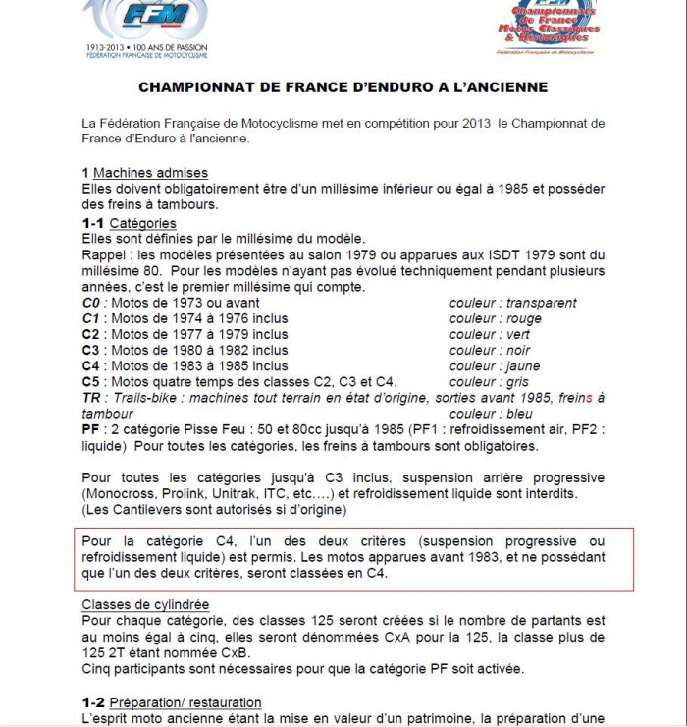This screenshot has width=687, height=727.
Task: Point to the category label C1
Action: [91, 319]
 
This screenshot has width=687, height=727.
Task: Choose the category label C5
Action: [91, 382]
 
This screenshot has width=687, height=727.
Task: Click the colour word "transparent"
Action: [541, 304]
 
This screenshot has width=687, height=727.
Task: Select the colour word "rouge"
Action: [524, 319]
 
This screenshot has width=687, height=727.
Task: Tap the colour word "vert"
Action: [518, 335]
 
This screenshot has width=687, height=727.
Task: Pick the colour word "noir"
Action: [518, 351]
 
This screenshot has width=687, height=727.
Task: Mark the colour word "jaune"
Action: [522, 366]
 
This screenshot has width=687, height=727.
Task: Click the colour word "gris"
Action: [517, 382]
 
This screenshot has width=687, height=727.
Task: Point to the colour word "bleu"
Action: [518, 414]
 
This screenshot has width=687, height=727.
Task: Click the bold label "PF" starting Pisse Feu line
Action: [91, 429]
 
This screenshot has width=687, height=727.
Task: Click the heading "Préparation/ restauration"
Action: [185, 702]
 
